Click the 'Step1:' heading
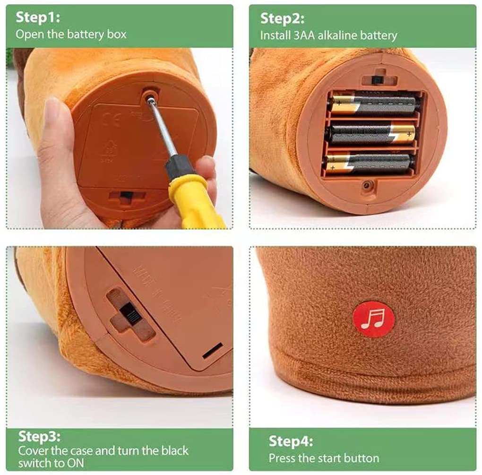coord(38,17)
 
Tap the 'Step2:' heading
coord(282,18)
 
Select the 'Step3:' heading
coord(39,436)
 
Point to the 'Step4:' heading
coord(291,441)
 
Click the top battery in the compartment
coord(374,104)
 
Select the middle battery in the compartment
coord(372,134)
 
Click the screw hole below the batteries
coord(366,185)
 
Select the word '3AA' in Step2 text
coord(304,35)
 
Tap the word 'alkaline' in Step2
coord(337,35)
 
